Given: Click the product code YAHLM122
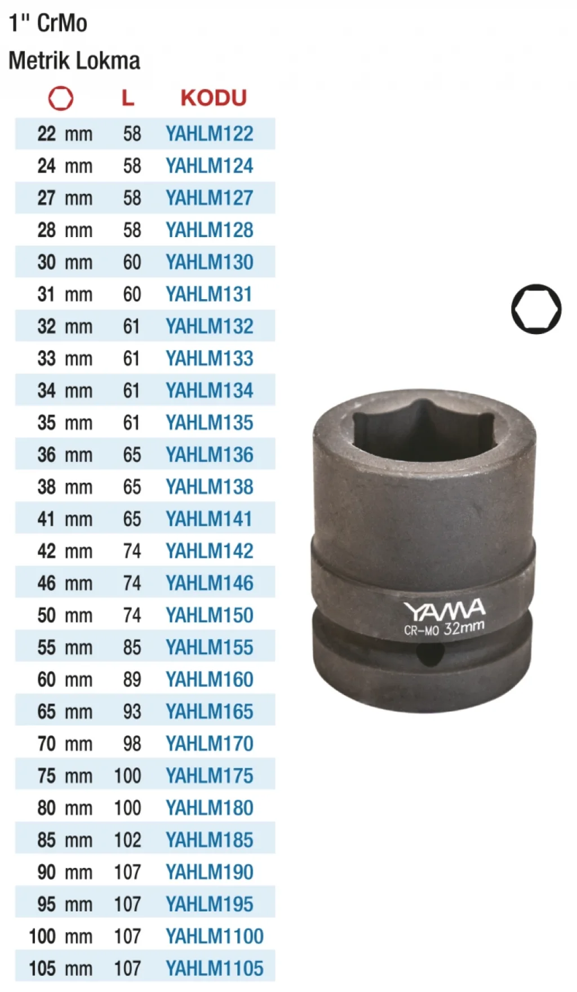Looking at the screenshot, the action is pyautogui.click(x=209, y=134).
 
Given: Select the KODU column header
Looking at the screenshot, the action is pyautogui.click(x=214, y=98).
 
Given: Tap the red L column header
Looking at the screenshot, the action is pyautogui.click(x=128, y=98).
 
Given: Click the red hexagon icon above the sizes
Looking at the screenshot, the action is pyautogui.click(x=61, y=99).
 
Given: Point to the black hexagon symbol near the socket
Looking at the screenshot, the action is pyautogui.click(x=536, y=309).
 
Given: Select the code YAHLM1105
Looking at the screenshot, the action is pyautogui.click(x=215, y=969).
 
